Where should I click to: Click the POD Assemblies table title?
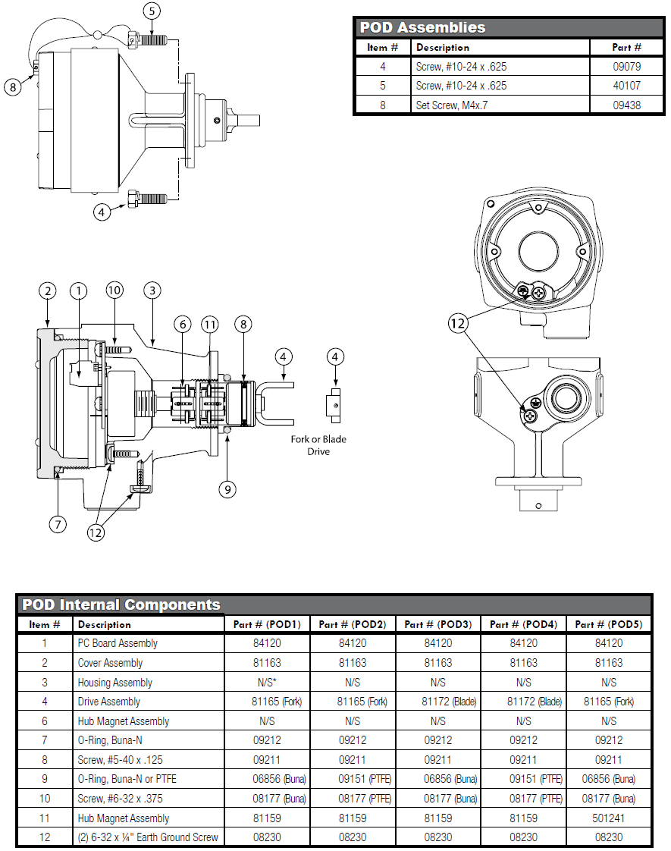click(x=422, y=27)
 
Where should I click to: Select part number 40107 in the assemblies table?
click(x=627, y=86)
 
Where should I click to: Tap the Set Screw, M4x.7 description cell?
click(x=451, y=105)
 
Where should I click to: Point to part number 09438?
click(x=627, y=105)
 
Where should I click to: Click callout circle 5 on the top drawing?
click(x=153, y=11)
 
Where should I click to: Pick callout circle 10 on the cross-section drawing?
click(x=114, y=290)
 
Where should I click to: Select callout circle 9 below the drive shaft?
click(x=228, y=489)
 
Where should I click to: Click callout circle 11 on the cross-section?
click(x=210, y=325)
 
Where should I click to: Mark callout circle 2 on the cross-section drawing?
click(x=48, y=290)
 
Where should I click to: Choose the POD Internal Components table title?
click(x=121, y=604)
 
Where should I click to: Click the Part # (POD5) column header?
click(x=608, y=624)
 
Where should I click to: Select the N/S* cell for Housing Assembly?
click(x=267, y=683)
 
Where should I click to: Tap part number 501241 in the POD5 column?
click(x=609, y=818)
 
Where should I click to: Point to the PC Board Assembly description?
click(x=118, y=643)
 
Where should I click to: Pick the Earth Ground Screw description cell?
click(x=148, y=837)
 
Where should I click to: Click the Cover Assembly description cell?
click(x=110, y=663)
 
